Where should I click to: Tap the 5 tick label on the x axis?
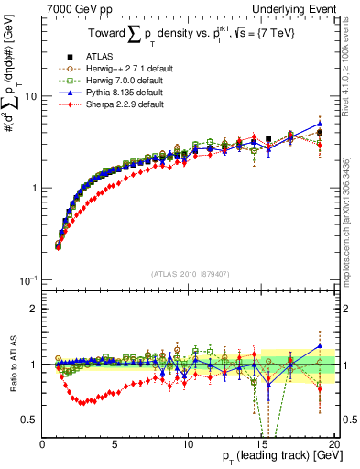click(115, 444)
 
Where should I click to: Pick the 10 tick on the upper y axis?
click(30, 96)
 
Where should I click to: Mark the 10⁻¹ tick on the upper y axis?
click(27, 278)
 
